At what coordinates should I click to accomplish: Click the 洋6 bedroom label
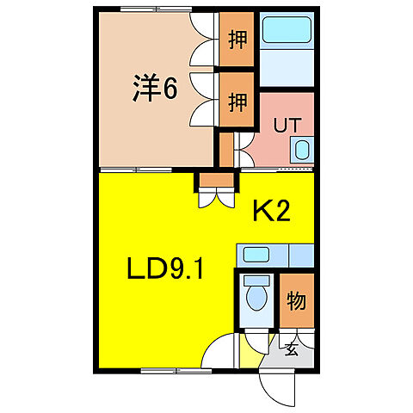(155, 89)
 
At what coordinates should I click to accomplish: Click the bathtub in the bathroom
(287, 30)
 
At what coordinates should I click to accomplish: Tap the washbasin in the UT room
(300, 151)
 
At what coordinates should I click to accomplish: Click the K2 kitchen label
(270, 211)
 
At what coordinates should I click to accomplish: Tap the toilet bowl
(256, 299)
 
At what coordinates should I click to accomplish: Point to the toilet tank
(256, 280)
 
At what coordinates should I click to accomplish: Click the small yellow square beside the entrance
(250, 352)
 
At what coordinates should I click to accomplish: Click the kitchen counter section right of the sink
(301, 255)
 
